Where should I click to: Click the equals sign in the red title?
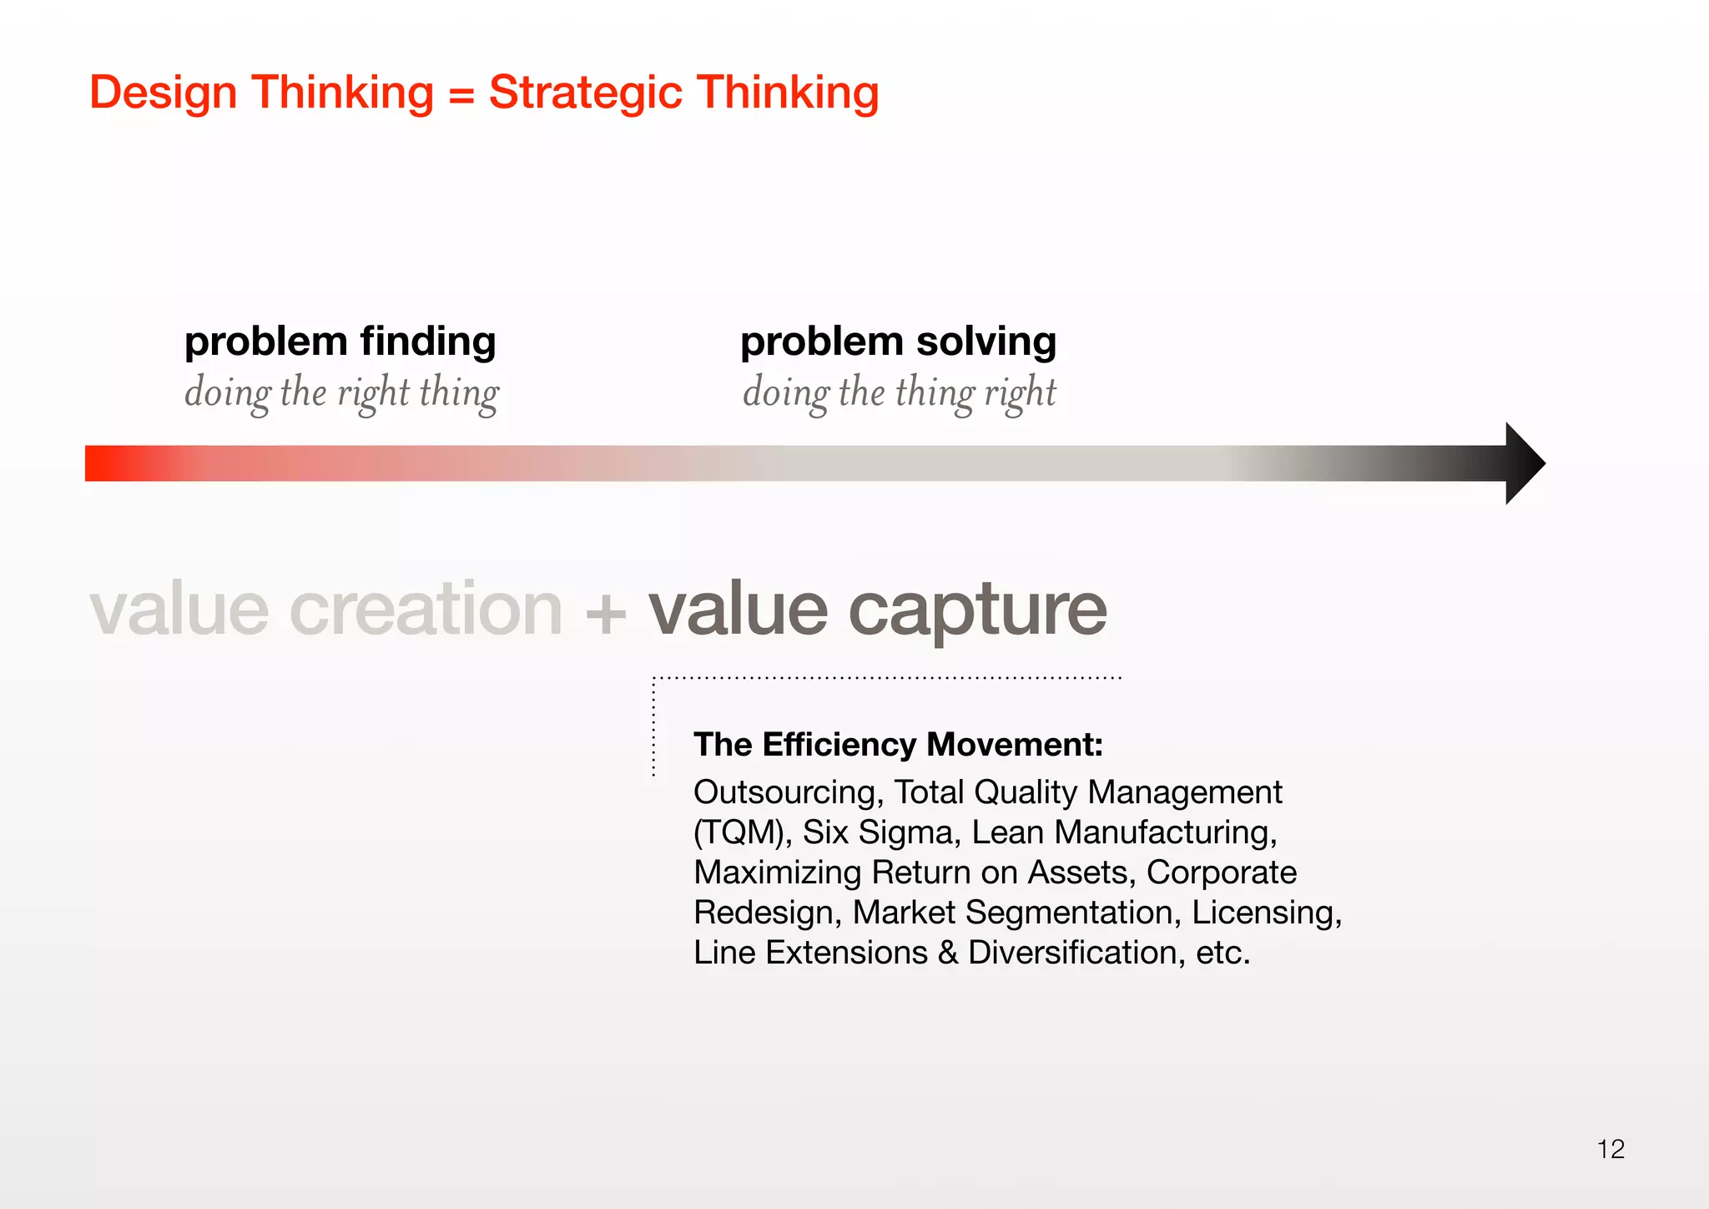(461, 94)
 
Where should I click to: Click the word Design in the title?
(163, 93)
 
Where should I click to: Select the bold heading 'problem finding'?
(340, 341)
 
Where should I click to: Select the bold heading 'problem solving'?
(898, 341)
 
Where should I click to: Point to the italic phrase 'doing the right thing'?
(341, 392)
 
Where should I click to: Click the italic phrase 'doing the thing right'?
(899, 392)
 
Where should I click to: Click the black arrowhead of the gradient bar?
(1523, 463)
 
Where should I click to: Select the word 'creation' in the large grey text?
(426, 609)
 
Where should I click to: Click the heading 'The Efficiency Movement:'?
(898, 744)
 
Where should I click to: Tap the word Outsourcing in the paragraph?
(788, 792)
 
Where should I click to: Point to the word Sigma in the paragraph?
(905, 832)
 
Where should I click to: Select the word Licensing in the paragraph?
(1266, 913)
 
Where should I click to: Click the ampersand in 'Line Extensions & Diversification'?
(947, 953)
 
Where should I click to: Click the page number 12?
(1611, 1149)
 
